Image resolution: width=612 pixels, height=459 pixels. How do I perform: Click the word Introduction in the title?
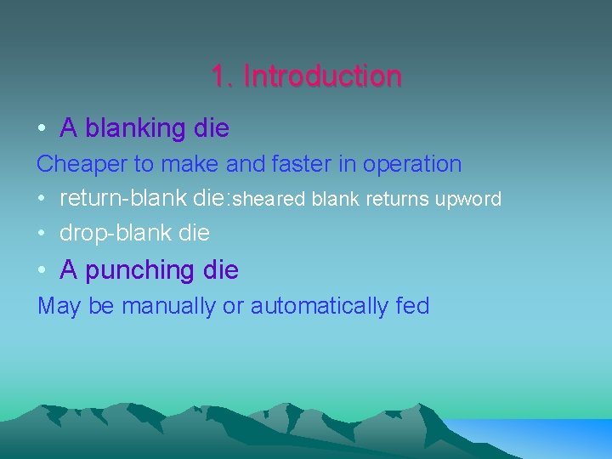322,76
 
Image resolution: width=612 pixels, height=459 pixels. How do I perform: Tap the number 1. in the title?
223,76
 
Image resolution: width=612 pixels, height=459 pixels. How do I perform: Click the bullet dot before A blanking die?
42,129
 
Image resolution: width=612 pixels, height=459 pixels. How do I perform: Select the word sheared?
270,199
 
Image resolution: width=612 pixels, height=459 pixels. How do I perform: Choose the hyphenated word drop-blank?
114,232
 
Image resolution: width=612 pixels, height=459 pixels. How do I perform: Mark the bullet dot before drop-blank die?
42,233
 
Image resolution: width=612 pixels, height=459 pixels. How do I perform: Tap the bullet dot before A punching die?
42,271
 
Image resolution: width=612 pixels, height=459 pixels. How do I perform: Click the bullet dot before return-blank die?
42,199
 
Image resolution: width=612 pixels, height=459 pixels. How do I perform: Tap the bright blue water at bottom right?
544,438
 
